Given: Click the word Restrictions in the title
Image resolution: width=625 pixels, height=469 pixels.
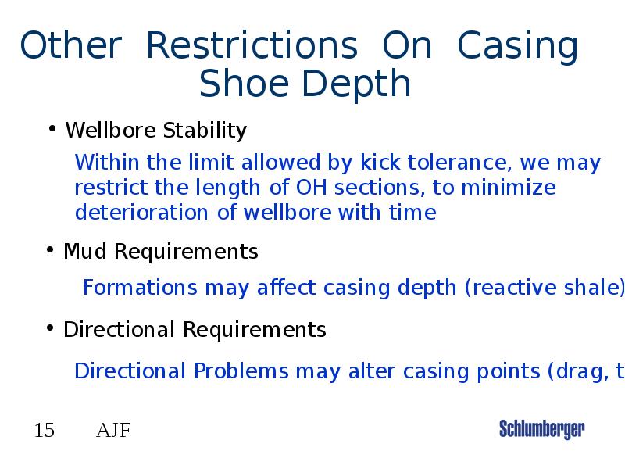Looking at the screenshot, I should pos(252,46).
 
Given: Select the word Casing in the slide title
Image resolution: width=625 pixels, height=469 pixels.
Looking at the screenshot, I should pos(518,48).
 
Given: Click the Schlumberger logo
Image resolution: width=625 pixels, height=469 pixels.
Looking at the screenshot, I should pos(541,429).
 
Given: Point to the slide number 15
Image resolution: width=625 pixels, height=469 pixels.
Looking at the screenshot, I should pos(45,430).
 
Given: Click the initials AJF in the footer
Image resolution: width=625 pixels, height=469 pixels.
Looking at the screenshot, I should pos(113,430).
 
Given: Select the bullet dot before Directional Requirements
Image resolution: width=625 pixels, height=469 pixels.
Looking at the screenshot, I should pos(50,328).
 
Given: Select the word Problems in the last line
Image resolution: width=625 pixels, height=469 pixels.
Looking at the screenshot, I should pos(241,371).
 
